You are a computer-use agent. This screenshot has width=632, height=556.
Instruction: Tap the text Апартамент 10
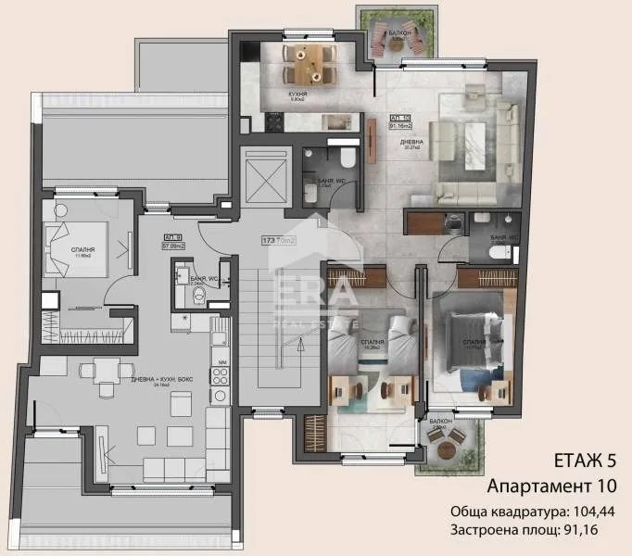551,486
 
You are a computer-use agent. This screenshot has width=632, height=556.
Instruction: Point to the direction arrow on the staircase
298,347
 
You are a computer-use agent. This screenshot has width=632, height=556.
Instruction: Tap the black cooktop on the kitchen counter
275,120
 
